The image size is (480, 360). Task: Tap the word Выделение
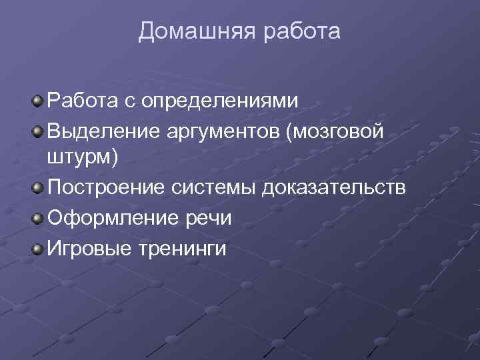[x=101, y=131]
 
